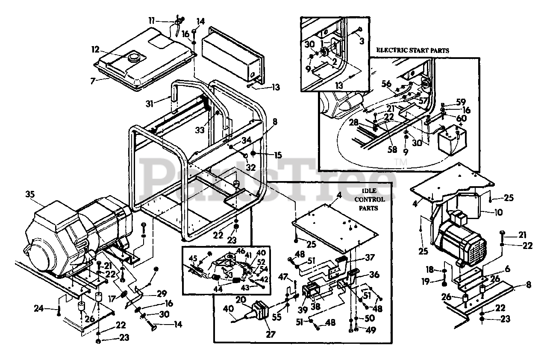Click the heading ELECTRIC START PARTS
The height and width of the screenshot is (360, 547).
[x=412, y=50]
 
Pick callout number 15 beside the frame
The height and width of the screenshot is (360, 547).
[x=278, y=155]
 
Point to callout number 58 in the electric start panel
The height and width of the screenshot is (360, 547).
[x=392, y=150]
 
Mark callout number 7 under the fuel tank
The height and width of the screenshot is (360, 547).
[x=101, y=80]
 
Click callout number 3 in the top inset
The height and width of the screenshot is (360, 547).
[x=361, y=42]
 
